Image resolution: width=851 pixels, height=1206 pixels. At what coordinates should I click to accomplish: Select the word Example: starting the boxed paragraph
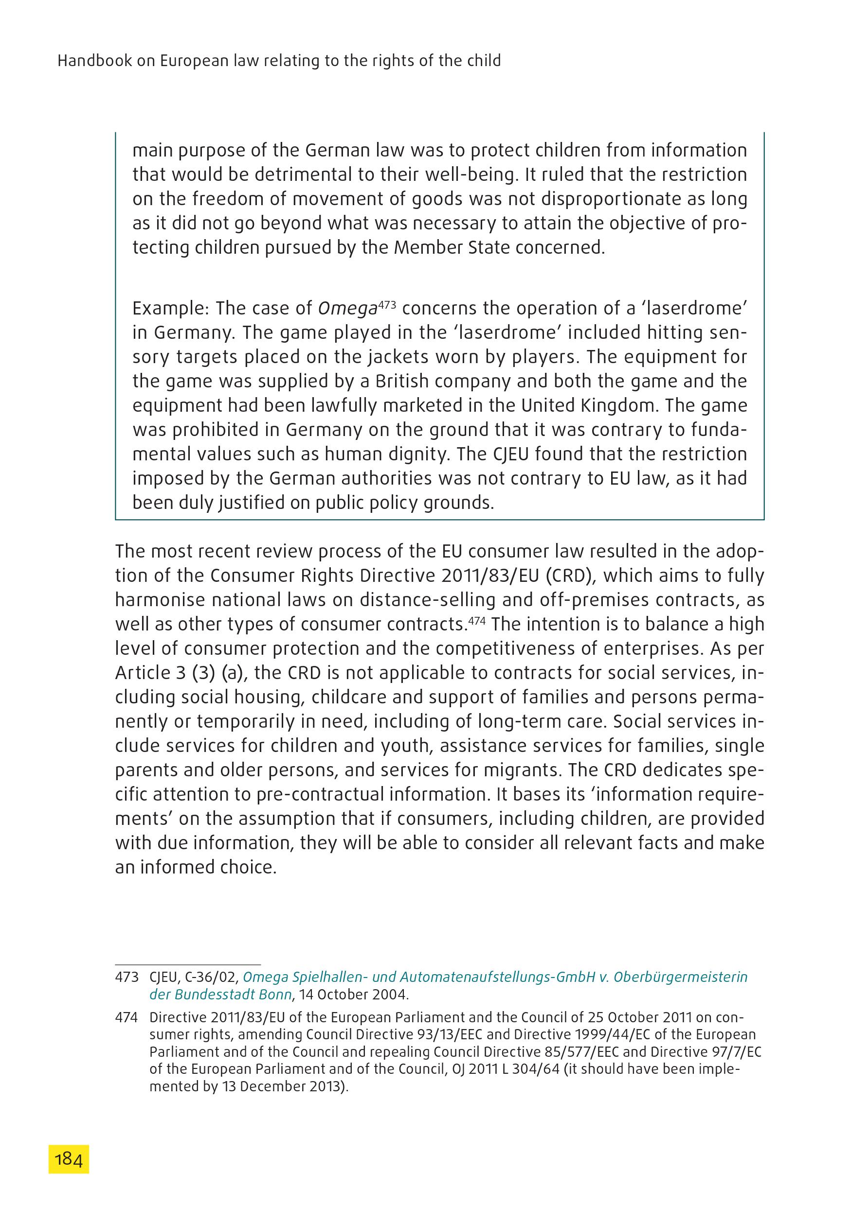click(171, 308)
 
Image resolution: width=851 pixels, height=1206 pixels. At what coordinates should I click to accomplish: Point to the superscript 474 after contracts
click(477, 619)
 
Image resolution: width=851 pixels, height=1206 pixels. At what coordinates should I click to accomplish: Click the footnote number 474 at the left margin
click(126, 1017)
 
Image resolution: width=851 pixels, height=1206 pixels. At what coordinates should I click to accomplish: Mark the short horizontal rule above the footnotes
click(188, 965)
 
